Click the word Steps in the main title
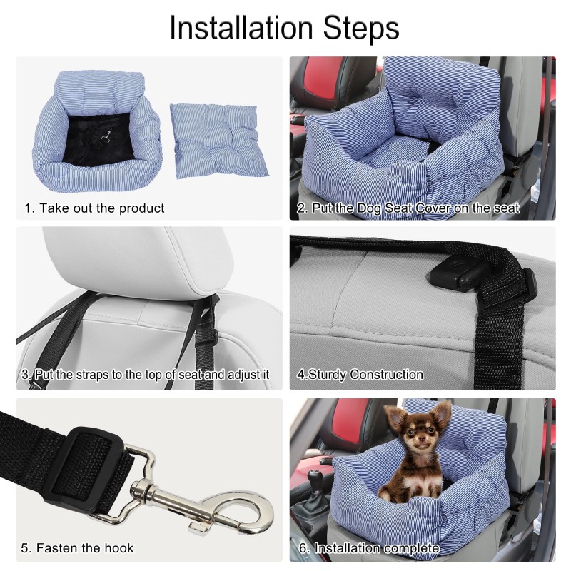(x=364, y=29)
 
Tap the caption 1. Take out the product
(x=94, y=208)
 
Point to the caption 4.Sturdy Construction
(x=360, y=374)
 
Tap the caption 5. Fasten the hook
(x=77, y=548)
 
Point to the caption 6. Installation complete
(x=367, y=548)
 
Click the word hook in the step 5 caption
(x=118, y=548)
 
